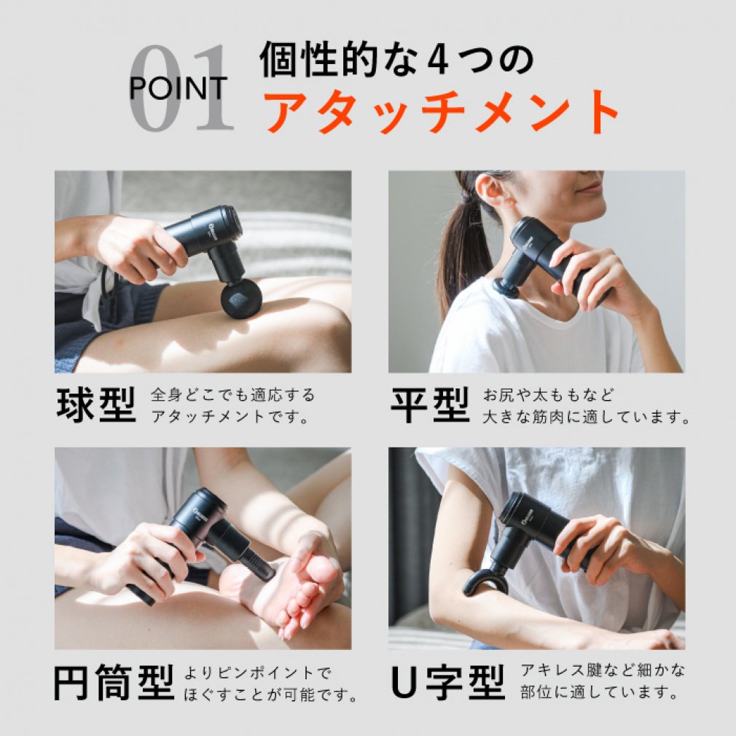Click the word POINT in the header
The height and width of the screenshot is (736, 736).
tap(178, 89)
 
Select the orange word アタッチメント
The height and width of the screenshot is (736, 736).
tap(441, 112)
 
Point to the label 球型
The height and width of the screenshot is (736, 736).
tap(96, 406)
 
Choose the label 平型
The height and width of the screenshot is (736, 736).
tap(430, 406)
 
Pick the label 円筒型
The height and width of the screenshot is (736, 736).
tap(114, 683)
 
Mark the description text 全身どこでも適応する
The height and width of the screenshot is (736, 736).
tap(232, 395)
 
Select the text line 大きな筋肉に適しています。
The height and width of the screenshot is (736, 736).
tap(587, 418)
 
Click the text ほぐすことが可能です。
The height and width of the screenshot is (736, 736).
tap(269, 694)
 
